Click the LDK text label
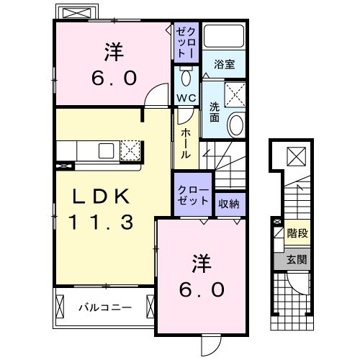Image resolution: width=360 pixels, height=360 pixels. coord(101,197)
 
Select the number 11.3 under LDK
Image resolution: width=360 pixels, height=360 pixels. coord(101,222)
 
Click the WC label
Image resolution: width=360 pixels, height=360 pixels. coord(184,97)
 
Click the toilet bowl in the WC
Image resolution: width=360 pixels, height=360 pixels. coord(185,76)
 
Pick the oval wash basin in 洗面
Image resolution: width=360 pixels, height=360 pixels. coord(235,126)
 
